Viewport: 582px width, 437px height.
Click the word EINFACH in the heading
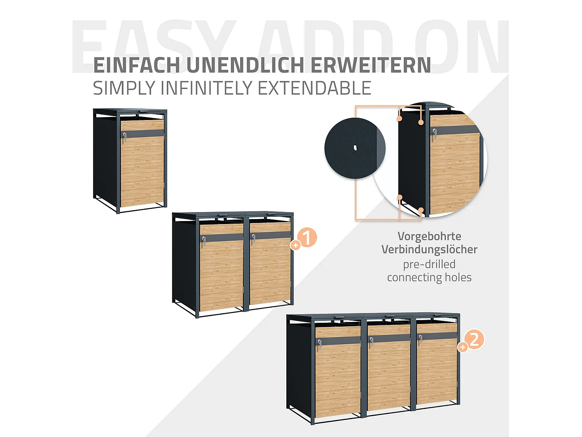tap(137, 65)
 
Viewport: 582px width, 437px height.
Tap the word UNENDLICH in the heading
tap(245, 65)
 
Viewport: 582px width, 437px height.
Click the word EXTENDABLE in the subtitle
tap(314, 88)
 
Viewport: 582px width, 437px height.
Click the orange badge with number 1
tap(307, 238)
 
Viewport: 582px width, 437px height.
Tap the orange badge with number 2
tap(475, 340)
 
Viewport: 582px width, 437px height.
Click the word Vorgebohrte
tap(429, 236)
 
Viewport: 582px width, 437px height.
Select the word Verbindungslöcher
tap(429, 249)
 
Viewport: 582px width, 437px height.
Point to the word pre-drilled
tap(429, 264)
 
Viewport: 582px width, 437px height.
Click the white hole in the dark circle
tap(355, 148)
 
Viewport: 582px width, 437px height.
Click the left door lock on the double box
tap(203, 241)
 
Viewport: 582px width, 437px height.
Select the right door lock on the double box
tap(253, 239)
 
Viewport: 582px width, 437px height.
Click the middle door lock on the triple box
tap(371, 341)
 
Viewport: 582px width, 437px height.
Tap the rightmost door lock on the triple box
tap(420, 340)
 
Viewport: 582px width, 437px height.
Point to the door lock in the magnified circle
tap(435, 134)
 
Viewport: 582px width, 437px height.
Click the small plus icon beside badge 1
tap(296, 245)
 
